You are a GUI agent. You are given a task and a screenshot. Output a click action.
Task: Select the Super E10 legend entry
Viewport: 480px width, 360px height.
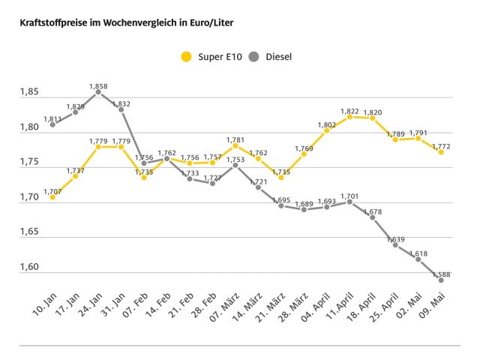pos(207,56)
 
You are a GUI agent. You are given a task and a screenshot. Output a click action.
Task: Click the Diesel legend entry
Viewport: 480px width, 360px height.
pos(270,56)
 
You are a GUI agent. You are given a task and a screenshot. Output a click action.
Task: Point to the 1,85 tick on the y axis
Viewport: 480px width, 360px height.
pos(29,92)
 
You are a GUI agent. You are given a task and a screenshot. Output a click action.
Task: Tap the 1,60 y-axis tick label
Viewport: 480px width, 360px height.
pos(29,268)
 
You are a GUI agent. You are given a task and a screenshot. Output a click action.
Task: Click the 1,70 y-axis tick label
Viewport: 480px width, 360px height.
pos(29,197)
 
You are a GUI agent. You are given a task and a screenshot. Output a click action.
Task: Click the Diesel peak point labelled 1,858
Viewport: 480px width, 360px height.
pos(98,92)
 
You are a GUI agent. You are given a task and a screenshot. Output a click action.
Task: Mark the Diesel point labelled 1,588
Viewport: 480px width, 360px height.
pos(441,280)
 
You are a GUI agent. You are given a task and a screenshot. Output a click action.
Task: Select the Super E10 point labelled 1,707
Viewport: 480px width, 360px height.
pos(52,197)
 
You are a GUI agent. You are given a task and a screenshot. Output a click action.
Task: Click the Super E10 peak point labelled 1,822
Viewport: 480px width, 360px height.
pos(349,116)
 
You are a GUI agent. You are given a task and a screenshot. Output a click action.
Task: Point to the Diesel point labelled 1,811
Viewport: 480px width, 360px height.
pos(52,124)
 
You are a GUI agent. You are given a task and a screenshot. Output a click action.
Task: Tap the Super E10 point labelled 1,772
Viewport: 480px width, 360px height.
pos(441,151)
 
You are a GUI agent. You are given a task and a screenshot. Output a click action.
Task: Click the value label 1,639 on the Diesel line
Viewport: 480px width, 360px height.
pos(395,239)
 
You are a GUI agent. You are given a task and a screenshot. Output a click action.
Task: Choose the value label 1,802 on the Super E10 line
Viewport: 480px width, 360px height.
pos(326,125)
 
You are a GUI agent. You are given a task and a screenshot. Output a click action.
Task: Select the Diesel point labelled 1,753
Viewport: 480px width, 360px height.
pos(235,165)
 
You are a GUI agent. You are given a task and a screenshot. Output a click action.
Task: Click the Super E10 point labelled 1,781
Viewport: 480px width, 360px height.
pos(235,145)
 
